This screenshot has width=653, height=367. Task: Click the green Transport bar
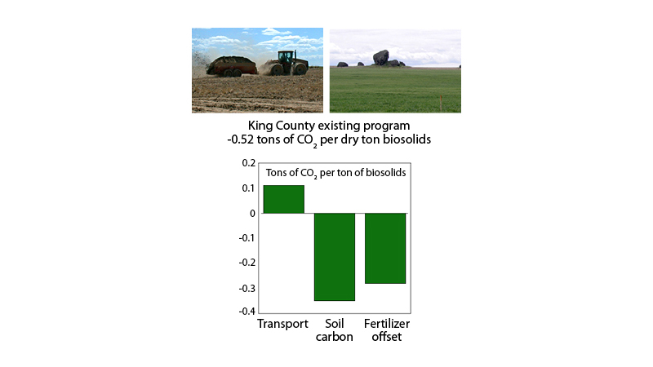point(283,199)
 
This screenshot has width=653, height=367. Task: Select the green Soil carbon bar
point(334,256)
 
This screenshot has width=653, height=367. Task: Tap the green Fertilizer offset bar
point(384,248)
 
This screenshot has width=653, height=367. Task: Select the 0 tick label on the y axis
point(251,213)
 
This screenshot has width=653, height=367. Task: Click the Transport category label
point(282,325)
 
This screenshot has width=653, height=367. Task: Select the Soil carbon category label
point(334,330)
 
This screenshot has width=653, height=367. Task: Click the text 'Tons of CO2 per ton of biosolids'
point(336,173)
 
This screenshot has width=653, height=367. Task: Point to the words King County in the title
point(282,126)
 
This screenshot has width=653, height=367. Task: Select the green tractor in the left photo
point(285,63)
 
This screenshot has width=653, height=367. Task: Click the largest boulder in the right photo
point(380,57)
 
